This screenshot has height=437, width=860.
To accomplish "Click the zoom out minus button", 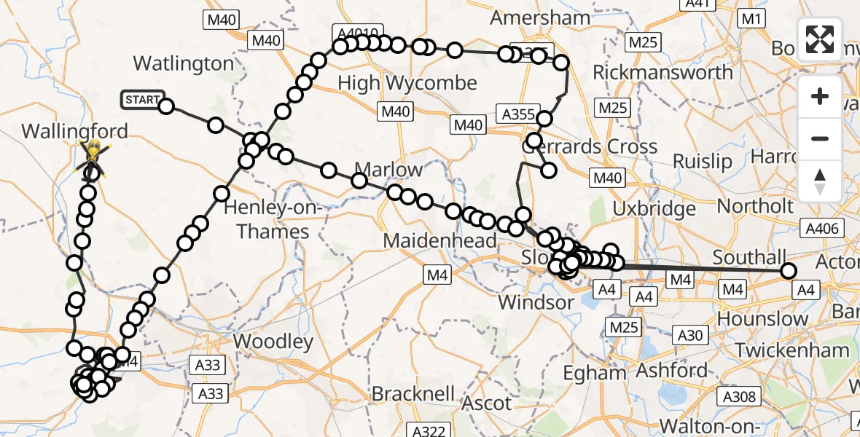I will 820,139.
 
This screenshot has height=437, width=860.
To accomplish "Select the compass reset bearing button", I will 820,181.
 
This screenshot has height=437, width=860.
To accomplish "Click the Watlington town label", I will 184,64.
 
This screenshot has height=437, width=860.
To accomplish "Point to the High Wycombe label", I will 407,83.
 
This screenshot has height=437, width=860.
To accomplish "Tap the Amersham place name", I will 540,17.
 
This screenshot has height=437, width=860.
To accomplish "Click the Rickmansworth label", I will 662,73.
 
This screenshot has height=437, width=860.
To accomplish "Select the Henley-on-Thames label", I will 267,220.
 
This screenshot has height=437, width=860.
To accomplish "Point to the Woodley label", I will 273,341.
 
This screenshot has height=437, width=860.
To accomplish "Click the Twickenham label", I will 791,350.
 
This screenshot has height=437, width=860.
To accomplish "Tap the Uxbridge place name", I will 654,209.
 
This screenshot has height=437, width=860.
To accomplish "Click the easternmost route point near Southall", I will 788,272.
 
